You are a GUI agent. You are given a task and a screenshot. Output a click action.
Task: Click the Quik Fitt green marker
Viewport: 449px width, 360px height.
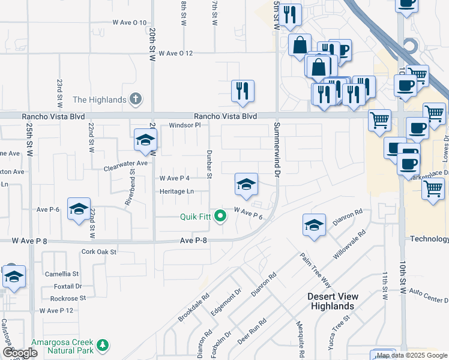coord(220,217)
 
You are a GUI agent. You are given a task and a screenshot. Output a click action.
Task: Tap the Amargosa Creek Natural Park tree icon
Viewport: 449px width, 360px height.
coord(103,345)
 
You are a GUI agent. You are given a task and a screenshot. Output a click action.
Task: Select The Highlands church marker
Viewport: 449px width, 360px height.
coord(136,99)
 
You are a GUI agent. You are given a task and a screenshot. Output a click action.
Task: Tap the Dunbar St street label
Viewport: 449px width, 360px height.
coord(210,164)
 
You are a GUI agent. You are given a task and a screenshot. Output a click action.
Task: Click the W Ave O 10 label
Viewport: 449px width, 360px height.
coord(130,23)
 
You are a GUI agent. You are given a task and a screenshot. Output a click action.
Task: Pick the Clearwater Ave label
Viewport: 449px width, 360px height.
coord(125,163)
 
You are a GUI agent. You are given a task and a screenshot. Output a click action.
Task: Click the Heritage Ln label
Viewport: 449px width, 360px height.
coord(176,191)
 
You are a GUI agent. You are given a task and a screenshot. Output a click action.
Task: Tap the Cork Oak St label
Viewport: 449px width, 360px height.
coord(98,253)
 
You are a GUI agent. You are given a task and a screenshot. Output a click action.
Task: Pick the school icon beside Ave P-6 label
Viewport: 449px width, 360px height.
coord(79,209)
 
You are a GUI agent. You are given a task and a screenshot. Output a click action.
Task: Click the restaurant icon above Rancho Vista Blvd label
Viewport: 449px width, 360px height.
coord(243,91)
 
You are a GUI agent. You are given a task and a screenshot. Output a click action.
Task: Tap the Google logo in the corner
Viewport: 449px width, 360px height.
coord(20,353)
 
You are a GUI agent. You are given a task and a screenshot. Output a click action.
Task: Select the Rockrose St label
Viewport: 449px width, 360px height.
coord(68,298)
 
